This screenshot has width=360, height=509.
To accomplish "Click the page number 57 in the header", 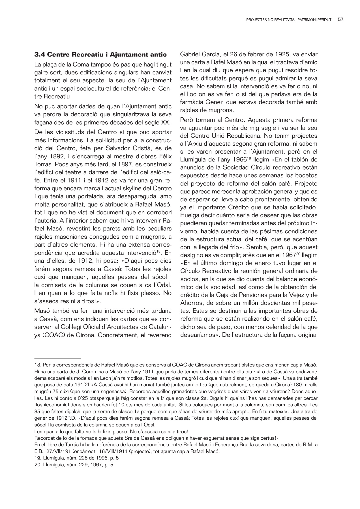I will (341, 20).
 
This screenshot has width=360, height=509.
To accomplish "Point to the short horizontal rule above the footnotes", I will (57, 358).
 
